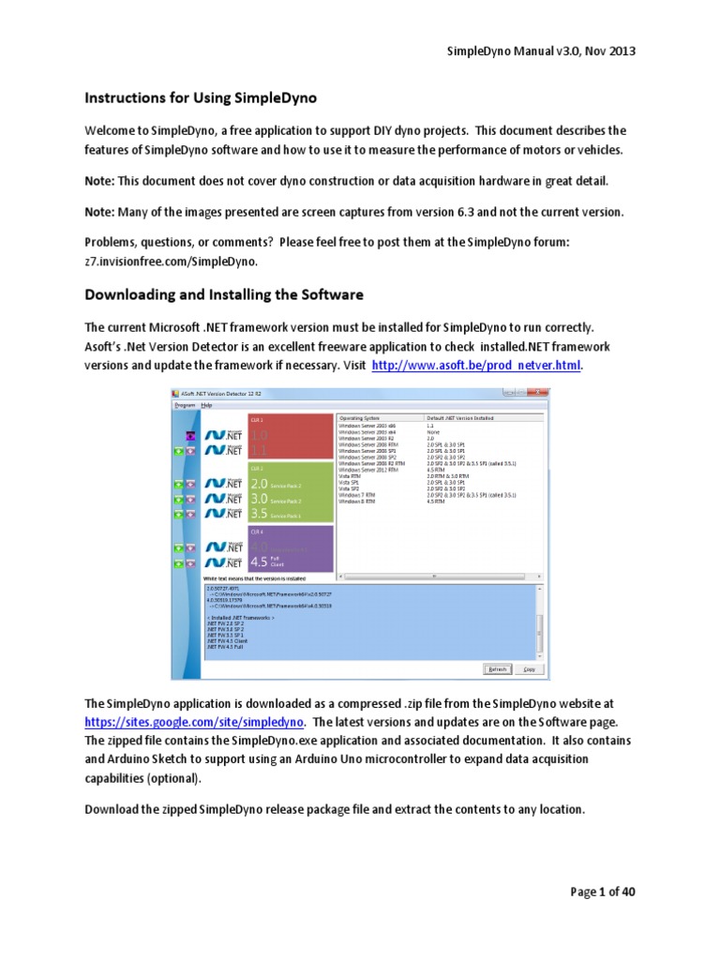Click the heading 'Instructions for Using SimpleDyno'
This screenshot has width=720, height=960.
coord(201,97)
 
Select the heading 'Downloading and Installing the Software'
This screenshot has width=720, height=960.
coord(224,294)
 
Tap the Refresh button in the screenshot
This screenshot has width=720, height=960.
coord(496,669)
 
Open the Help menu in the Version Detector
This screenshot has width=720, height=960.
coord(206,405)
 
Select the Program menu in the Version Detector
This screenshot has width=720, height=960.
coord(185,405)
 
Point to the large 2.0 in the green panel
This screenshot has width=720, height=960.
coord(259,484)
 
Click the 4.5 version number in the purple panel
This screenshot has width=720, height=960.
coord(259,562)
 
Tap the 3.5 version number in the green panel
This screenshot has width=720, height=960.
coord(259,514)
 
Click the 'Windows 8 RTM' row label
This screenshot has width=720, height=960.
coord(357,502)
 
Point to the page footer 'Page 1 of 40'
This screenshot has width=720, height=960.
coord(603,892)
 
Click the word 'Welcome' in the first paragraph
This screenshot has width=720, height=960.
coord(114,130)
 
